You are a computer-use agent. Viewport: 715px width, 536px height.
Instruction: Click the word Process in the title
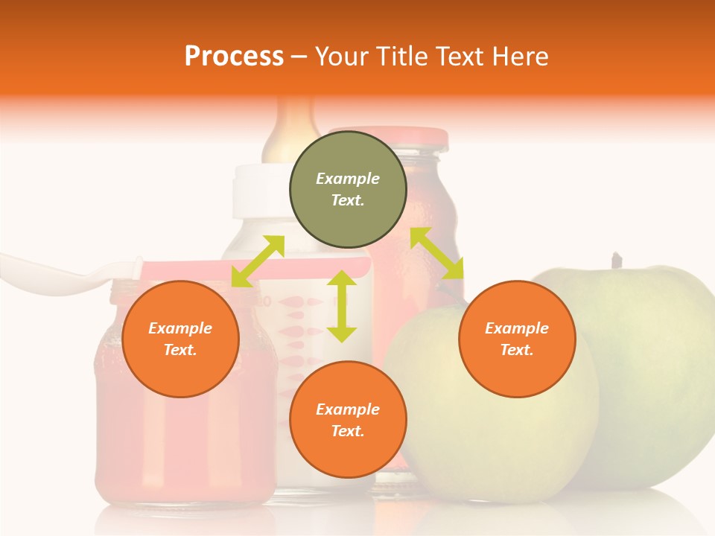tap(234, 57)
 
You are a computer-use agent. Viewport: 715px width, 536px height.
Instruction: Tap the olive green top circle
tap(348, 189)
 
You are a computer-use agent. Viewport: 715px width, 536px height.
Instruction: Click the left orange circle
tap(180, 339)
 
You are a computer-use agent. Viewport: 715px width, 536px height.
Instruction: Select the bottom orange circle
tap(348, 420)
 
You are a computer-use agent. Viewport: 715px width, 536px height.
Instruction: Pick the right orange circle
tap(517, 339)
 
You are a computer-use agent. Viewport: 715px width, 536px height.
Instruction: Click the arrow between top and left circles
tap(258, 260)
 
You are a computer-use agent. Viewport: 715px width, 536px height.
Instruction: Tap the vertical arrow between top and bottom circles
tap(342, 306)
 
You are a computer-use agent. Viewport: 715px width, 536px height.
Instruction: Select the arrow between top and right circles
tap(437, 253)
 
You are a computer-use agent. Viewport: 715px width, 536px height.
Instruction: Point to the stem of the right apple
tap(617, 261)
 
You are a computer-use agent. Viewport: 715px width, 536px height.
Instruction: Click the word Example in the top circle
tap(348, 179)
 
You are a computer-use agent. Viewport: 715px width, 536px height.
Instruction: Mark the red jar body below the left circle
tap(186, 447)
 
